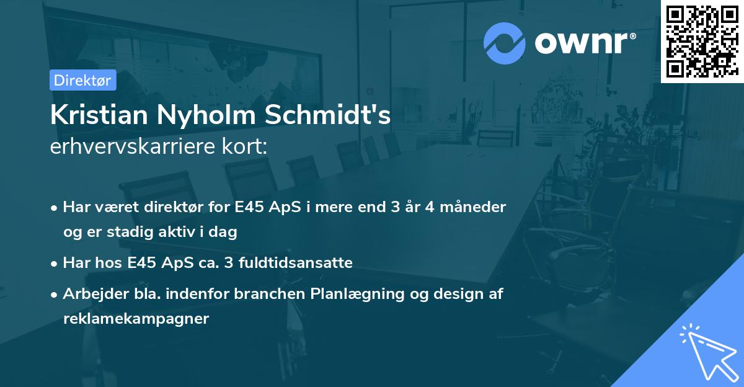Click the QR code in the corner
(x=702, y=42)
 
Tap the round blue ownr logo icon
(x=505, y=43)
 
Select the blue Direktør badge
(x=82, y=80)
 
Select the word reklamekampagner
(x=136, y=319)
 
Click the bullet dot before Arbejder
(x=55, y=295)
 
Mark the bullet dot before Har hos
(x=55, y=264)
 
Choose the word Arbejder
(x=91, y=294)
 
